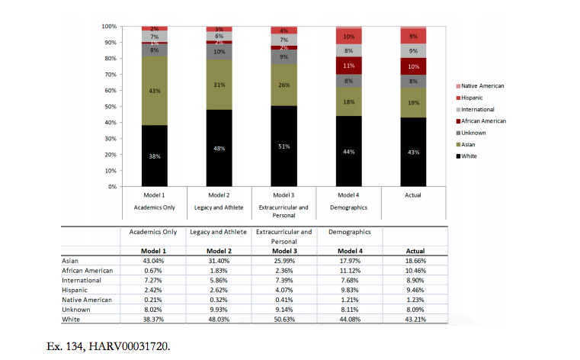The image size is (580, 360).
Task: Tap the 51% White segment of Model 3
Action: point(284,146)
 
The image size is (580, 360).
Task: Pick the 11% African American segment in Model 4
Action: point(348,66)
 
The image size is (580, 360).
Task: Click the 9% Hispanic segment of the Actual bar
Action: point(413,36)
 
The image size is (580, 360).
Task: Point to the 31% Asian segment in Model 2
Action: point(219,85)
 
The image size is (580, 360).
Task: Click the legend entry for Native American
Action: point(481,86)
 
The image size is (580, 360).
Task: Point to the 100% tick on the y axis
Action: point(109,27)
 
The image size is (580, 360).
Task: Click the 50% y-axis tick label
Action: point(111,107)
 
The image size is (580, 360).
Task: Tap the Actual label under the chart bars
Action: point(413,196)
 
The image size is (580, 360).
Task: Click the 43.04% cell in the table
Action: point(153,261)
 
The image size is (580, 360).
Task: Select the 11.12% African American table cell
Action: point(348,271)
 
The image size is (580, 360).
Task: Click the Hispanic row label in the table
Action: point(75,291)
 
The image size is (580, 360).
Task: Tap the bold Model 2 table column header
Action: point(219,251)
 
